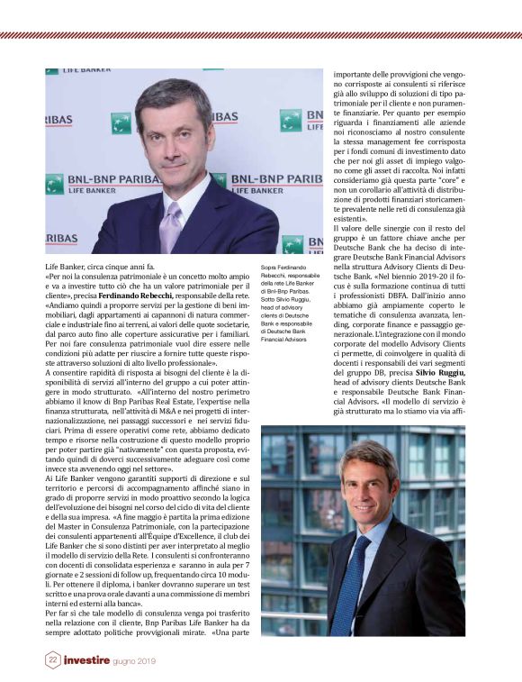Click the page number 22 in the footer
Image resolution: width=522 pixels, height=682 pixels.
53,660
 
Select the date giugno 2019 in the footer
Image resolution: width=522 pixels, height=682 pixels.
136,660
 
